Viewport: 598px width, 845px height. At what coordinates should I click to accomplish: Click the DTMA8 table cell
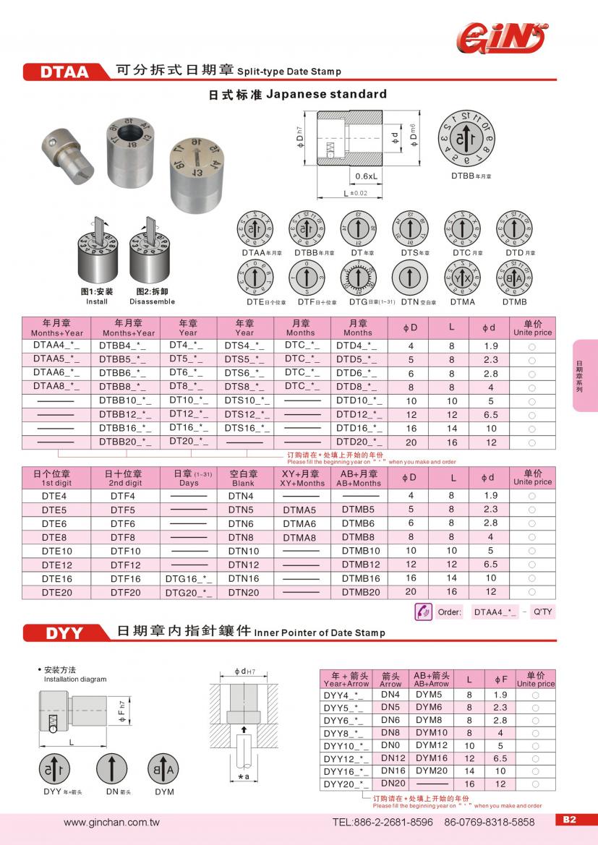coord(299,537)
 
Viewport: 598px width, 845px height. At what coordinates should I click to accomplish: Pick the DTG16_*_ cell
coord(188,578)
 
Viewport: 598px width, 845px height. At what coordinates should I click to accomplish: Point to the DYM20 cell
coord(432,771)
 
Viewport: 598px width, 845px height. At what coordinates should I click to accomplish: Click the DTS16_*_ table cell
coord(244,428)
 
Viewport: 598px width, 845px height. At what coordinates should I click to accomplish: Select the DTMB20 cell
coord(360,592)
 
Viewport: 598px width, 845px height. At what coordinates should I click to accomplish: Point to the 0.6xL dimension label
coord(366,176)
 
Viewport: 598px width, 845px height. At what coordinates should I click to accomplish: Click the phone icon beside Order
coord(423,612)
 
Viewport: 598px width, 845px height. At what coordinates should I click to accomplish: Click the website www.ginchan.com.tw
coord(111,822)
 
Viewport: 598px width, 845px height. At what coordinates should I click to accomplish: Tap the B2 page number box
coord(569,820)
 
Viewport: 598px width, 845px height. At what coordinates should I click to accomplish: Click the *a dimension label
coord(244,776)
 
